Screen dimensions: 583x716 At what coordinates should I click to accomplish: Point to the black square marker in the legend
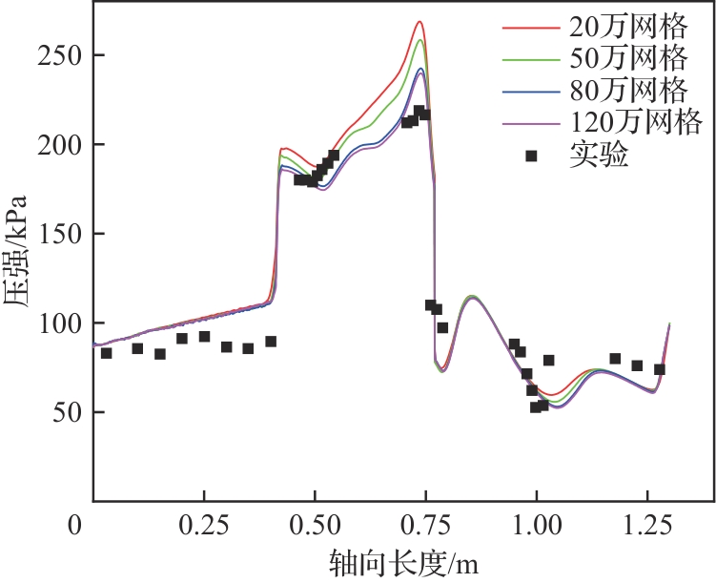point(531,155)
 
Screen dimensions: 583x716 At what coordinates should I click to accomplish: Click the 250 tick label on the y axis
point(60,55)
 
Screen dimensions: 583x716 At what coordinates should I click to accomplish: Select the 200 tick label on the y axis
point(60,145)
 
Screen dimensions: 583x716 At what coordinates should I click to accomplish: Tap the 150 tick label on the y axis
point(60,234)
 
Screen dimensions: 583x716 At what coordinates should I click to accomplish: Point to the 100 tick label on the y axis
point(60,323)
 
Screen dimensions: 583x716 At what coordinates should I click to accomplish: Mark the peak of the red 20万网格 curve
point(419,21)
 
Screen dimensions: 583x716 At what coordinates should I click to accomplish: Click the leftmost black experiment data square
point(106,353)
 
